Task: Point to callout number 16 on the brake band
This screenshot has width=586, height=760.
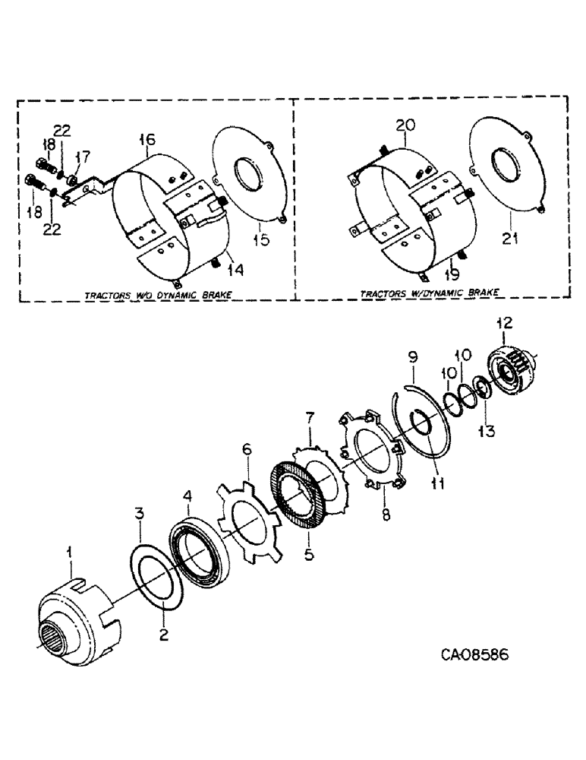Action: (146, 139)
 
